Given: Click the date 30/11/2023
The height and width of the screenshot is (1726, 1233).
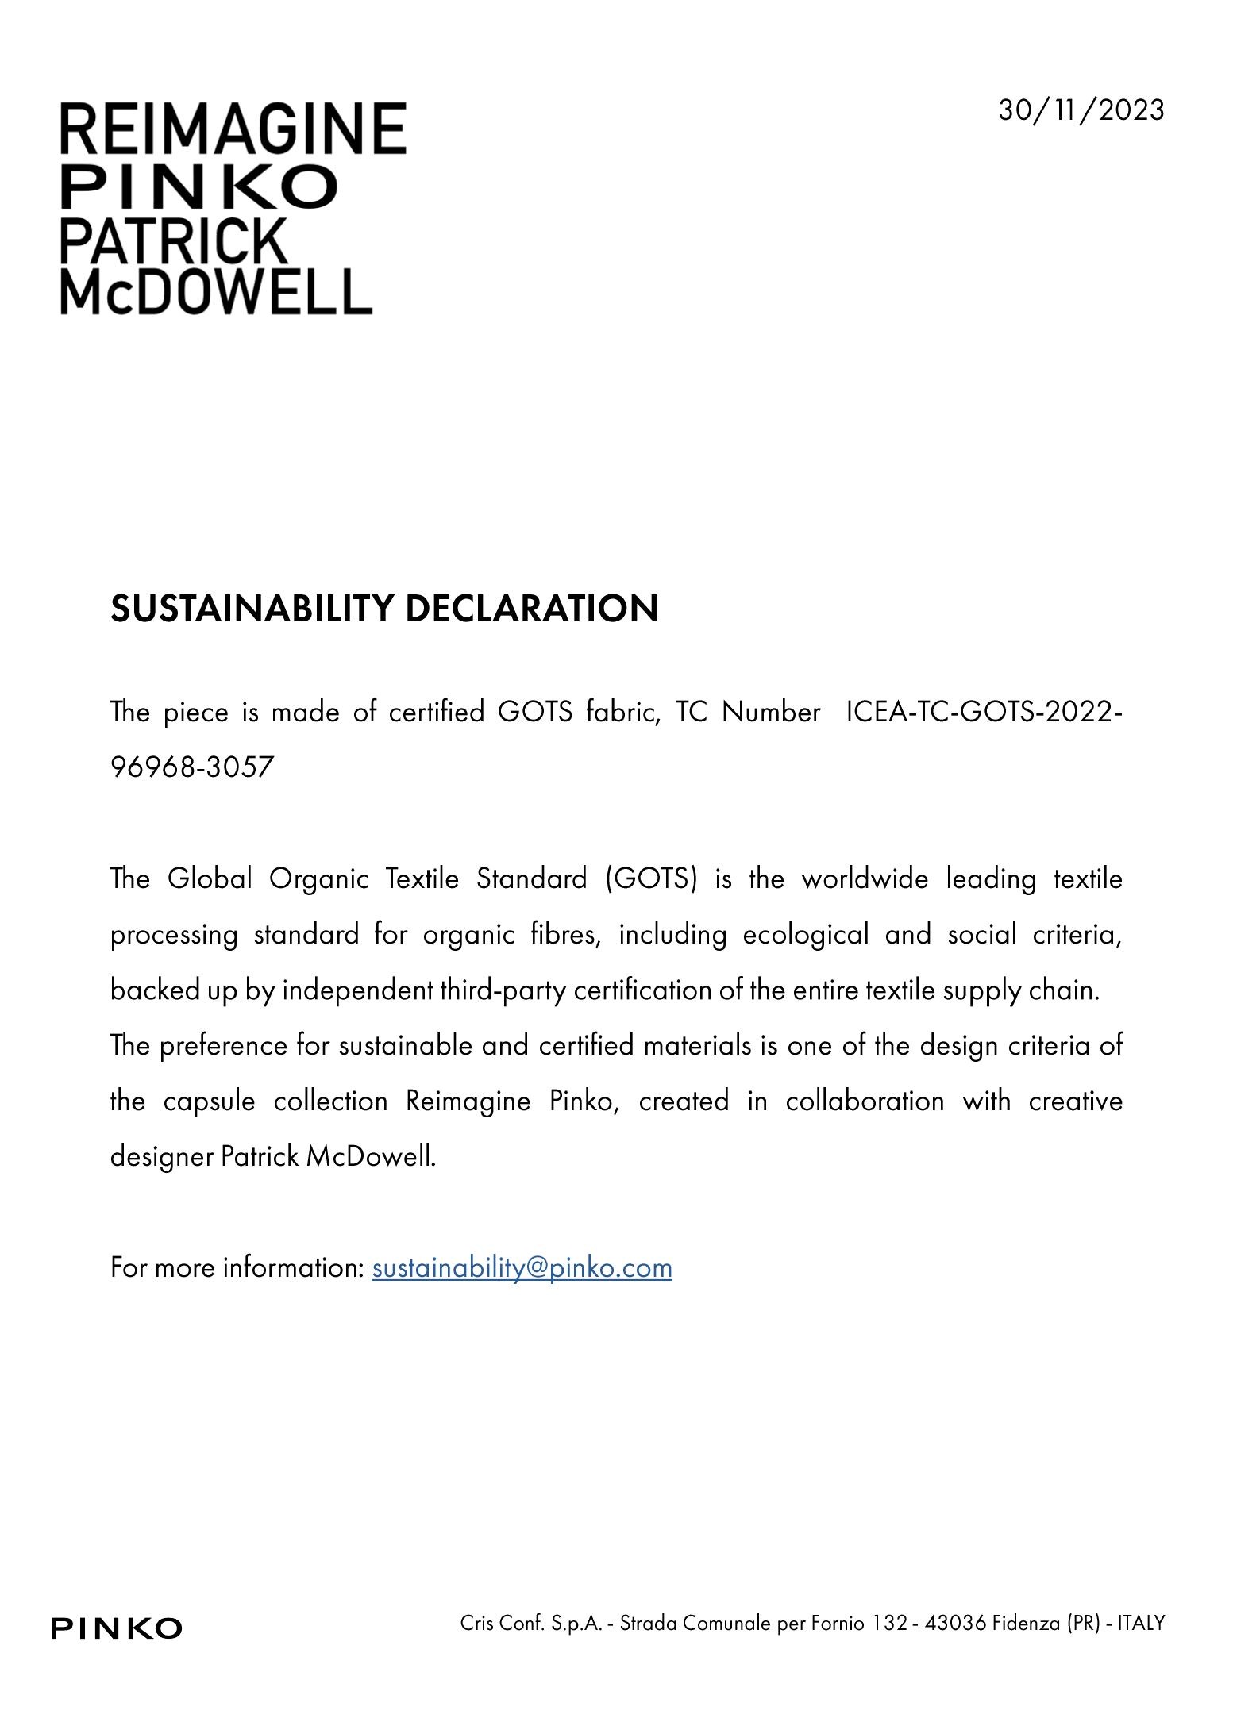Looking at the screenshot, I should tap(1081, 110).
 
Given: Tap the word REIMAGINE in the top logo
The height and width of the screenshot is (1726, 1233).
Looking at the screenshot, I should tap(233, 129).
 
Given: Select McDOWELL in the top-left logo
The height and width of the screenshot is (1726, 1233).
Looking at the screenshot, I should tap(216, 291).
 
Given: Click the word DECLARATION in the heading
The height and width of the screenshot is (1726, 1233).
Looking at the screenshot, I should tap(531, 609).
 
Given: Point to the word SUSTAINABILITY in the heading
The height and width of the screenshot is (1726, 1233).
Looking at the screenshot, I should tap(252, 609).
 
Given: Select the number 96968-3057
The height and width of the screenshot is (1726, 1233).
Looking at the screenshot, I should tap(192, 767).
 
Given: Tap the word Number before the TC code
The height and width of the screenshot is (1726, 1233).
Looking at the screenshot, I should tap(770, 712).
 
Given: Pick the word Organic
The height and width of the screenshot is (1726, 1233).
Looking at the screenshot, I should tap(319, 878).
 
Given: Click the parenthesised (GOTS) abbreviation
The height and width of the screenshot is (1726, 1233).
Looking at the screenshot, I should tap(650, 878).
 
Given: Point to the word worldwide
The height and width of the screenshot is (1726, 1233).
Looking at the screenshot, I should tap(864, 878).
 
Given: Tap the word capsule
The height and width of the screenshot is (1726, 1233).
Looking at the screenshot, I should tap(209, 1101).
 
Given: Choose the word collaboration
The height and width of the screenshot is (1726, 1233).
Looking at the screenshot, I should tap(865, 1101).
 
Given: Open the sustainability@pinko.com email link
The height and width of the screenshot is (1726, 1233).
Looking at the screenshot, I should tap(522, 1267).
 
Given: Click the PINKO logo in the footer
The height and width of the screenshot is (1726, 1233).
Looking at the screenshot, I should tap(117, 1628).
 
